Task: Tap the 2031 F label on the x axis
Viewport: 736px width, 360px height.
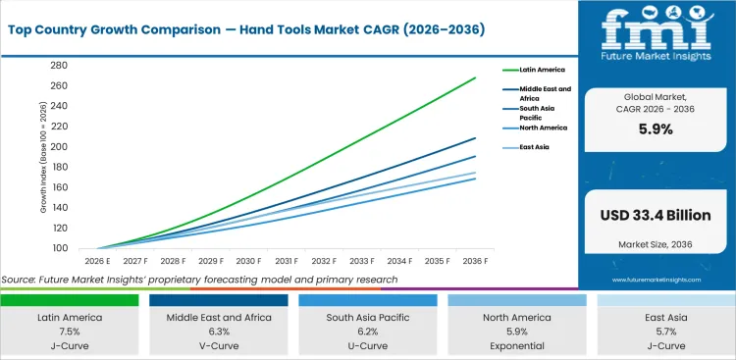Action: pos(286,262)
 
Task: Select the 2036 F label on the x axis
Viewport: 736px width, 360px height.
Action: pos(475,262)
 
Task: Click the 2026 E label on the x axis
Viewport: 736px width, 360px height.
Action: pos(96,262)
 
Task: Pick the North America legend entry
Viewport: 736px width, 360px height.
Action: pos(544,127)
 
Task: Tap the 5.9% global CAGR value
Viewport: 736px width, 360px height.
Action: pos(655,129)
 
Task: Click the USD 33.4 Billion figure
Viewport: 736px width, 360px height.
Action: pos(655,216)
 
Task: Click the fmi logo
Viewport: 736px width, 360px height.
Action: pos(655,29)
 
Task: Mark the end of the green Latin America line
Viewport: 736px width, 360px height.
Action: pos(476,77)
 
